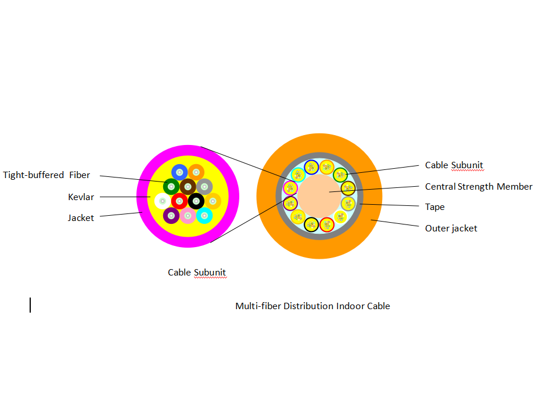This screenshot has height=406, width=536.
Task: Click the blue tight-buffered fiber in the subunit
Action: click(179, 172)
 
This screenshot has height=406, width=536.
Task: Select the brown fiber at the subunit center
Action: click(187, 186)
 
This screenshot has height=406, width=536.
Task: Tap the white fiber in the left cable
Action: click(163, 201)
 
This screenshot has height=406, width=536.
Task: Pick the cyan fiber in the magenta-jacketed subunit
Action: click(204, 216)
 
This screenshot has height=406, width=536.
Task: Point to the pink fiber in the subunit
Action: click(187, 216)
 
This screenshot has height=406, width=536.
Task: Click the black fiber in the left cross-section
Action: click(196, 201)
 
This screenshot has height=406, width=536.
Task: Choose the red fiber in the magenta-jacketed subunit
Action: click(179, 201)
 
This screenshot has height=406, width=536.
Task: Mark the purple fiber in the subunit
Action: click(171, 216)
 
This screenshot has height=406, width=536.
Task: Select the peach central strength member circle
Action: click(319, 196)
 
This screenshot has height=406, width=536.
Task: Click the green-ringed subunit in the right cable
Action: click(340, 174)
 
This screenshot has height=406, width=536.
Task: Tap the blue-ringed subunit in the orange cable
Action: click(311, 167)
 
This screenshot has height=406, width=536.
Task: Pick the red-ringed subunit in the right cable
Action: click(326, 224)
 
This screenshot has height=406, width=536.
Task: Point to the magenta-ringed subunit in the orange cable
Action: click(290, 188)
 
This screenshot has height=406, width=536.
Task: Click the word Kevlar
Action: click(81, 197)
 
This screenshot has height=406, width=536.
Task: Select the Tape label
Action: click(434, 207)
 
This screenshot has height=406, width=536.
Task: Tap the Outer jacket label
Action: click(451, 229)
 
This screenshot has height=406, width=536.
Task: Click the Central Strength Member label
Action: click(479, 187)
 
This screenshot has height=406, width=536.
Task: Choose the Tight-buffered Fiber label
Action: click(46, 175)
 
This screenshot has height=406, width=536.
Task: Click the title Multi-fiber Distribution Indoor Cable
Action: click(312, 306)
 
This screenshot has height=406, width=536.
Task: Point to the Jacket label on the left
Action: click(81, 218)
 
